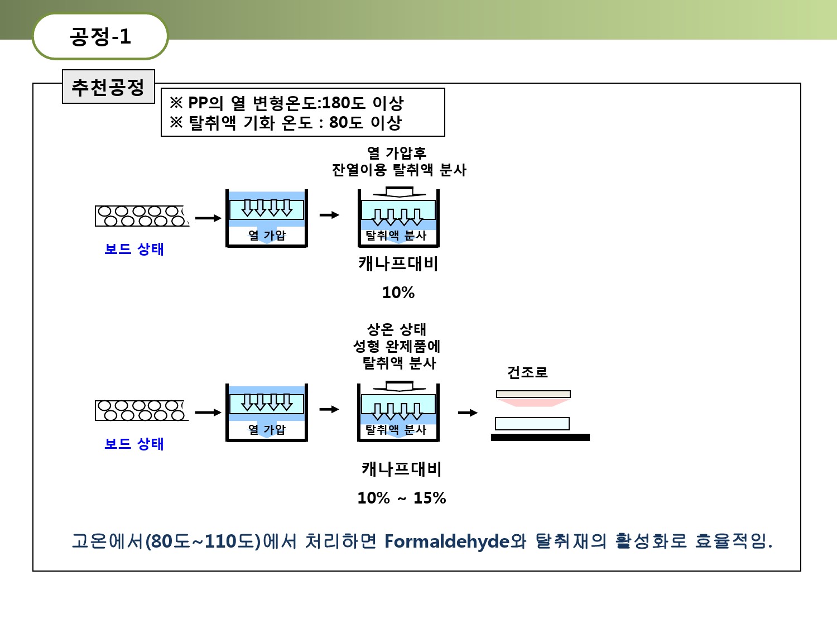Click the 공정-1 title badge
[x=100, y=36]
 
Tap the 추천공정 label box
[x=108, y=87]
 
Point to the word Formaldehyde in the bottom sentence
[x=447, y=541]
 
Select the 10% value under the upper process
[x=398, y=293]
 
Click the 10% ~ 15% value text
[x=402, y=497]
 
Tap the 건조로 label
[x=527, y=372]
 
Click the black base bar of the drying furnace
[x=540, y=437]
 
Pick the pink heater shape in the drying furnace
[x=533, y=402]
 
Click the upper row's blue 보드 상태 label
[x=134, y=249]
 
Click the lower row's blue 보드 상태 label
[x=134, y=443]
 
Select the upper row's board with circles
[x=142, y=216]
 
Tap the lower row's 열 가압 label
[x=267, y=429]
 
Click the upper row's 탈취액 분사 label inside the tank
[x=396, y=235]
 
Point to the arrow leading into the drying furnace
[x=468, y=413]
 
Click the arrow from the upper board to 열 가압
[x=208, y=218]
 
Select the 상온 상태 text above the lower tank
[x=397, y=329]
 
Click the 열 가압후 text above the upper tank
[x=397, y=153]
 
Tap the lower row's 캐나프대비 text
[x=402, y=468]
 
